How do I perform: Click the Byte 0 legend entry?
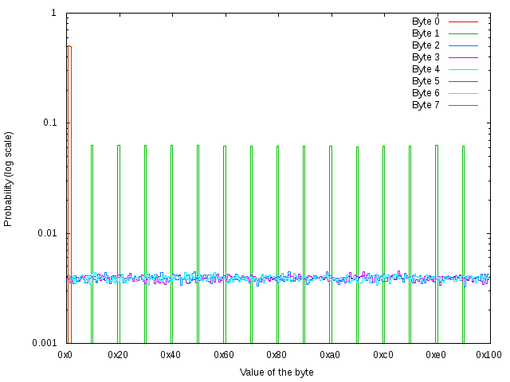coord(426,21)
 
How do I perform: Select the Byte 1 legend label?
coord(426,33)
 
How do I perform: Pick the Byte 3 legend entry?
coord(426,57)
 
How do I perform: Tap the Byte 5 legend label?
coord(426,81)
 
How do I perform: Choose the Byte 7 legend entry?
coord(426,105)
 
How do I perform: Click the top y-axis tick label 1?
coord(53,14)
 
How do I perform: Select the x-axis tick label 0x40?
coord(171,354)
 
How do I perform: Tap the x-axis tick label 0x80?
coord(277,354)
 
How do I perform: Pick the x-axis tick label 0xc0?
coord(383,354)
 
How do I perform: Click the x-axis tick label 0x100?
coord(488,354)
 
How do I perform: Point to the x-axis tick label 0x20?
coord(119,354)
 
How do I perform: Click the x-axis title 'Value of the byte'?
coord(277,372)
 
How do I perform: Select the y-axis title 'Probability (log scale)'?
coord(9,178)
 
